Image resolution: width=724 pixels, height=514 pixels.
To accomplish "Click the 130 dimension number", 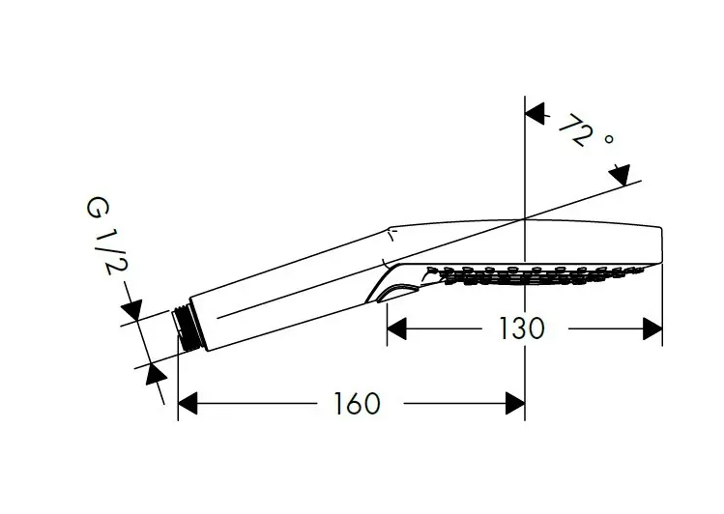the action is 522,328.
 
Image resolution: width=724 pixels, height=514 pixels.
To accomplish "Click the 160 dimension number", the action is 358,403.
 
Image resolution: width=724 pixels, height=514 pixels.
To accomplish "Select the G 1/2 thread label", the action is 106,236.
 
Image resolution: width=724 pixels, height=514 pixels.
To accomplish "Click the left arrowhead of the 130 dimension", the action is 396,328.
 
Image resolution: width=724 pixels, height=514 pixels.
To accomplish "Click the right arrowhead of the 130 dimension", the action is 652,328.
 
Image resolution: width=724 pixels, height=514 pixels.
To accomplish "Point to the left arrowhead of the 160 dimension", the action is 188,403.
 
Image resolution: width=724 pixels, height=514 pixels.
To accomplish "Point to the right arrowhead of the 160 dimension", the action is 515,403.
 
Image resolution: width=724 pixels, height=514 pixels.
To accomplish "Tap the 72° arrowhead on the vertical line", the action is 535,113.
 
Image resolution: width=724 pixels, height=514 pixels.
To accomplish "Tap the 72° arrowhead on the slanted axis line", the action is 621,175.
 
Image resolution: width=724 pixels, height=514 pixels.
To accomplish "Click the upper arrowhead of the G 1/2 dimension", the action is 132,309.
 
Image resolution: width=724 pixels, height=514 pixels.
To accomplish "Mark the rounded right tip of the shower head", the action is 661,244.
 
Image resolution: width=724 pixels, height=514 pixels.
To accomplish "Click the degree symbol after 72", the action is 609,138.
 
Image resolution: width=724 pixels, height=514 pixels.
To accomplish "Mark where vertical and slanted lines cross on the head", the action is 525,218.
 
